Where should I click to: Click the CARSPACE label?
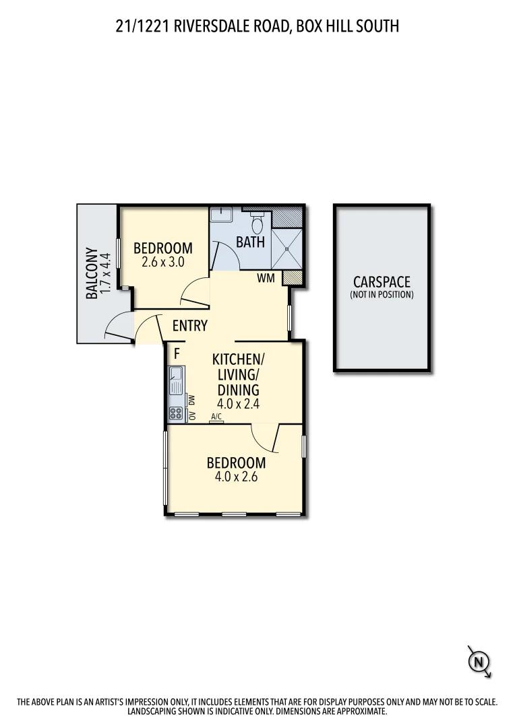(382, 283)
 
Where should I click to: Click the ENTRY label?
(190, 326)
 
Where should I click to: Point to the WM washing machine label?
(265, 277)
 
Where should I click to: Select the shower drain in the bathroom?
(288, 248)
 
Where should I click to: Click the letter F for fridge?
(177, 352)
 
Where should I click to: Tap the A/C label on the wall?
(216, 417)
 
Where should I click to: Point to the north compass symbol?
(479, 662)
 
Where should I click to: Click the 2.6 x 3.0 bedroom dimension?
(163, 263)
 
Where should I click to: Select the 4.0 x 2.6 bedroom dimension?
(236, 477)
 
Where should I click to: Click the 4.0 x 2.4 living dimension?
(238, 405)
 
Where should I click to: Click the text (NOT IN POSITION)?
(382, 295)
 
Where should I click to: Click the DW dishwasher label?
(192, 401)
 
